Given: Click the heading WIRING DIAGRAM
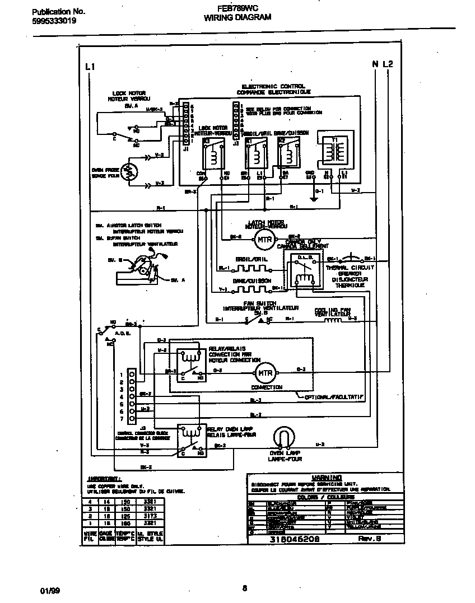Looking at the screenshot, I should (x=237, y=17).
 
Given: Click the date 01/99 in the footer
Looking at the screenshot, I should (x=49, y=591).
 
